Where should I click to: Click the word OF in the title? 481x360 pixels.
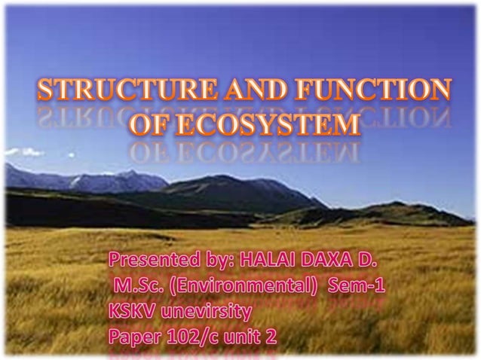[152, 124]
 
